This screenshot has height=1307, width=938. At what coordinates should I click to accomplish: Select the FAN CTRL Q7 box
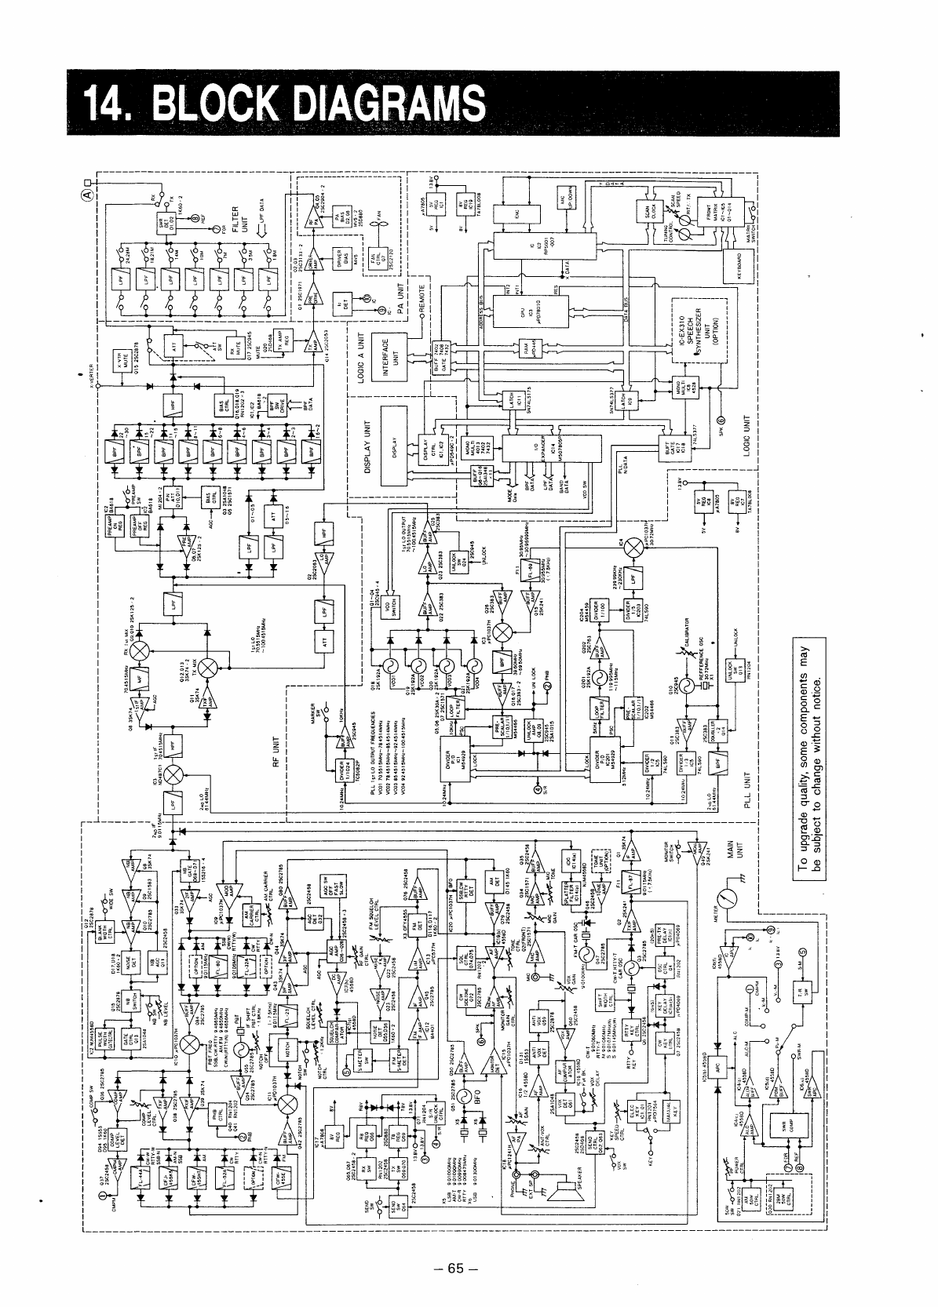click(x=372, y=257)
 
